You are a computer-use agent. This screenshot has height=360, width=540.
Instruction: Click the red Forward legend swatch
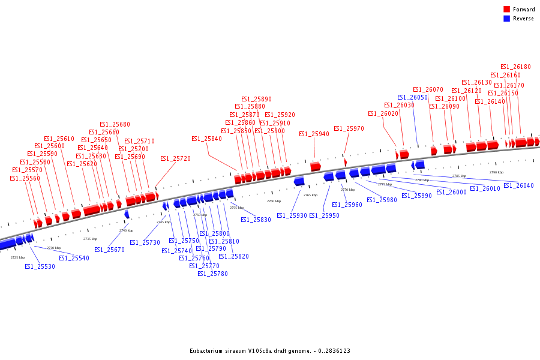point(507,10)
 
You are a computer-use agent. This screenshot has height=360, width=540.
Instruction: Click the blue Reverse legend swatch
point(507,19)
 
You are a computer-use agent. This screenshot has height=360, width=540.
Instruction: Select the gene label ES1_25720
point(175,159)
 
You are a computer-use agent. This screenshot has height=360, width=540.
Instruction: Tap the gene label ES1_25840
point(206,139)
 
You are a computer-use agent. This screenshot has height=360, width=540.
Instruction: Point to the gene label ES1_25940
point(314,134)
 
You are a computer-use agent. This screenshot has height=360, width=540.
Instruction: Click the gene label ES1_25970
point(349,129)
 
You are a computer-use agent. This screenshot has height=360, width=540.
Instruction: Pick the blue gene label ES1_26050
point(412,97)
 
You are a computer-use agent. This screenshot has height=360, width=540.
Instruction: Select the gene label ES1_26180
point(515,67)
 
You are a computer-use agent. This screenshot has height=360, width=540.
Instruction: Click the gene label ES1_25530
point(40,266)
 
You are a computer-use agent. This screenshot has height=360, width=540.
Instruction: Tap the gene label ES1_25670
point(109,250)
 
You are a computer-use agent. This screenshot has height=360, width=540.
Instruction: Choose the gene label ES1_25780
point(212,274)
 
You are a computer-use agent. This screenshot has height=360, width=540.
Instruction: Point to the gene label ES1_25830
point(256,220)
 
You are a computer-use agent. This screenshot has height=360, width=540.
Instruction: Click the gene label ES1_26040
point(518,186)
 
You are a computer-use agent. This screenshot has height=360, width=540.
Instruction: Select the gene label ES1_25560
point(25,179)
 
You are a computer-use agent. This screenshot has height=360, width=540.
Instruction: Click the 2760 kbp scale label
point(274,201)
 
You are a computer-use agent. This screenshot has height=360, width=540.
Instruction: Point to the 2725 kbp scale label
point(18,257)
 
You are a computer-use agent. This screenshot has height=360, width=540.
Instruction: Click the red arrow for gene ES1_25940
point(316,166)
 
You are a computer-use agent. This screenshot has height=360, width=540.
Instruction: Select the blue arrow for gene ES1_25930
point(299,181)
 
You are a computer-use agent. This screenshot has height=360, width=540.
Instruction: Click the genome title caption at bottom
point(270,351)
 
